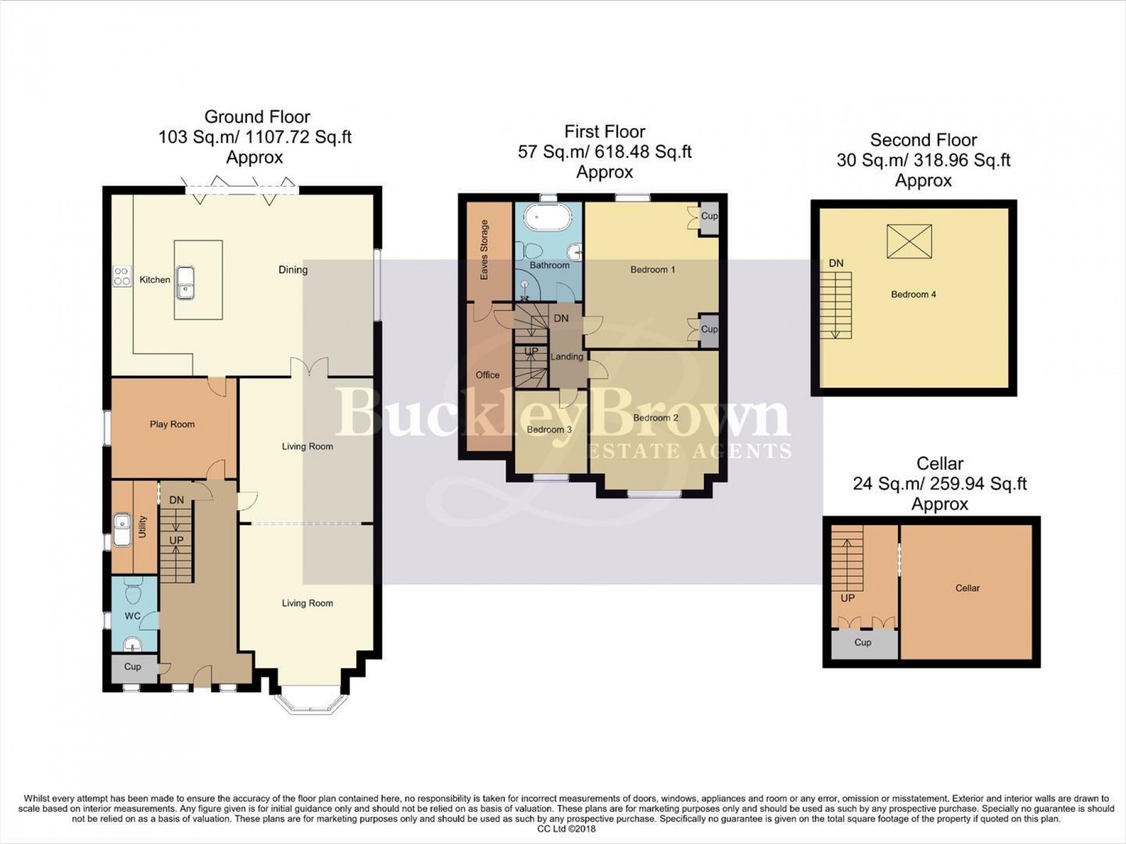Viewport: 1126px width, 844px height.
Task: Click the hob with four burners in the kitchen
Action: tap(123, 277)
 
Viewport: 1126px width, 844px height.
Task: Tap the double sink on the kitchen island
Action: tap(185, 283)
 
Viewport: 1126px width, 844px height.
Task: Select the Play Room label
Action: tap(172, 424)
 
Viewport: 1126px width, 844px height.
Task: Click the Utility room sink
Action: tap(123, 529)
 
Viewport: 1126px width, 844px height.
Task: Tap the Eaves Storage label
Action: tap(485, 250)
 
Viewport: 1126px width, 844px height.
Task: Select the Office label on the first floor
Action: tap(488, 375)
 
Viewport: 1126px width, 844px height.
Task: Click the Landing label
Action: tap(567, 357)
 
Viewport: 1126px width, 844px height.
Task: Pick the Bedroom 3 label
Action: tap(549, 429)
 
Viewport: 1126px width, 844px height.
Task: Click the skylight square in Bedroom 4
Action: tap(909, 241)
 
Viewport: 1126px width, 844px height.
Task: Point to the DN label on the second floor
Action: tap(836, 263)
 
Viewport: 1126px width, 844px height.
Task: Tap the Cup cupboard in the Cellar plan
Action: tap(863, 643)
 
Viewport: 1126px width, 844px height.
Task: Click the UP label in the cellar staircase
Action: tap(847, 598)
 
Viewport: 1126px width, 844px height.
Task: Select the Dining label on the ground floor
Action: tap(293, 270)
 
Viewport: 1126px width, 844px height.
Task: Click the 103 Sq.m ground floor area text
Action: tap(255, 138)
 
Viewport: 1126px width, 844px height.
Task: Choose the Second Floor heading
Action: tap(923, 140)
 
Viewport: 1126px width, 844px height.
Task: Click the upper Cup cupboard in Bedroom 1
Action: tap(709, 217)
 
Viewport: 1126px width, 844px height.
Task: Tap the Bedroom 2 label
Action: tap(655, 418)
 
